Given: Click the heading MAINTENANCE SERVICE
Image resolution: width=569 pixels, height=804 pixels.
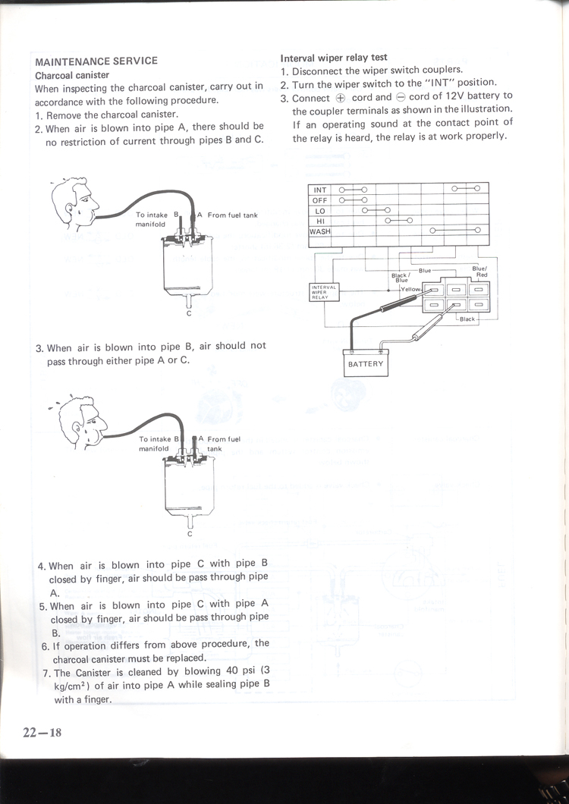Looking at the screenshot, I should [x=96, y=61].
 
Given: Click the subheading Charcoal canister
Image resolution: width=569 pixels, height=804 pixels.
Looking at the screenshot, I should [x=72, y=75].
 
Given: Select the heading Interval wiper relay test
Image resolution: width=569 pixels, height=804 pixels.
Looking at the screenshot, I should [x=334, y=57].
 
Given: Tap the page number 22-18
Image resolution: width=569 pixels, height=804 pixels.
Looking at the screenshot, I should [x=41, y=731].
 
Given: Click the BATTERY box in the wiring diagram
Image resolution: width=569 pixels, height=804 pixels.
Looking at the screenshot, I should [x=366, y=364].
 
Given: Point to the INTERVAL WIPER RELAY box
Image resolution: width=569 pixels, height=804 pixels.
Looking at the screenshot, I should [x=325, y=292].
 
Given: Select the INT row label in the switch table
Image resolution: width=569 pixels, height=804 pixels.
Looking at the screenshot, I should [x=320, y=190].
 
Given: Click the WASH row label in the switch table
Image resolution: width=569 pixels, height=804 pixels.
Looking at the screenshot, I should [x=321, y=231].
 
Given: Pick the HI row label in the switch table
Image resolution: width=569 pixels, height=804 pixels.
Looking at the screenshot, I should [x=320, y=221].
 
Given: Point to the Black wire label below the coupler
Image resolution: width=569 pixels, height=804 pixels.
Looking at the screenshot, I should [x=467, y=319].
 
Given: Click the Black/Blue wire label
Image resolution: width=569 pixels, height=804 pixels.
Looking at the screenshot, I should [x=401, y=278].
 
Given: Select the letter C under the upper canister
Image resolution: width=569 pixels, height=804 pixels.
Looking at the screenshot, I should [x=189, y=312].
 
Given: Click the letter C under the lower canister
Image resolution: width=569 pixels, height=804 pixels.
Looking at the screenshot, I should [x=190, y=534].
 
